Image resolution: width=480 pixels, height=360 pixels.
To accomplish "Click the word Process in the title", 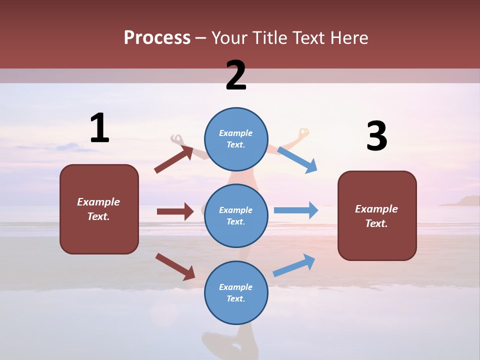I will pos(157,38).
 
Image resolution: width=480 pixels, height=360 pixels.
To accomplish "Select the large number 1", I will pos(99,128).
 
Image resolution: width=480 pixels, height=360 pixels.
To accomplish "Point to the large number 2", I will pos(236,75).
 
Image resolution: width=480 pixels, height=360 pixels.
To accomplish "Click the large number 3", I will pos(376,136).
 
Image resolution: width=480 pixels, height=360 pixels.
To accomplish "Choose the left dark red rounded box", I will pos(99,209).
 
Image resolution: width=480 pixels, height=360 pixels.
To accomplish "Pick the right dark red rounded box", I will pos(377,215).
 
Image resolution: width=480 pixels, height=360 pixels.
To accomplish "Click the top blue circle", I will pos(236,139).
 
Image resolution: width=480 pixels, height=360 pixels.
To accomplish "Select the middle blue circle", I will pos(236,215).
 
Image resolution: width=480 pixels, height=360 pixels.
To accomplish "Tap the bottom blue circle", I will pos(236,292).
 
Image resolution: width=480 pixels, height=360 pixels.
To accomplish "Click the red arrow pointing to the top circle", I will pos(174,159).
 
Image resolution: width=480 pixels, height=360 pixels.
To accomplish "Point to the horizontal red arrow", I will pos(175,211).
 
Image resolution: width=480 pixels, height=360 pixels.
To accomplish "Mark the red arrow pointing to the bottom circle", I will pos(175,266).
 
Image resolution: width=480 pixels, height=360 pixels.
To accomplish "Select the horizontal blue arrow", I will pos(296,210).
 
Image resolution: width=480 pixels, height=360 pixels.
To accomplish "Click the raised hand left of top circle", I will pos(176,138).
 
